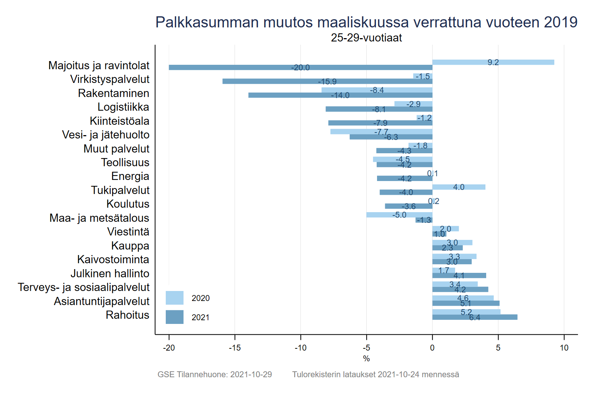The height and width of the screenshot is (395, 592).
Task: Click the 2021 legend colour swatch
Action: click(175, 317)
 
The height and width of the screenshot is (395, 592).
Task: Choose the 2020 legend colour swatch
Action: click(175, 298)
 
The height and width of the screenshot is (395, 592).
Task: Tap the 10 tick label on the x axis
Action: click(564, 348)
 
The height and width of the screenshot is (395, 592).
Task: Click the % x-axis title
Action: click(366, 358)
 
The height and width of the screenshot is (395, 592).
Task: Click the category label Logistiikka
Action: click(123, 107)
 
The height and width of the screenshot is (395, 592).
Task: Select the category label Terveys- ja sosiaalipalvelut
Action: click(84, 287)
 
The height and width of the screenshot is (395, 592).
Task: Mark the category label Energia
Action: click(130, 176)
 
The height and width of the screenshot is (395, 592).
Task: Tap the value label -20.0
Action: click(300, 67)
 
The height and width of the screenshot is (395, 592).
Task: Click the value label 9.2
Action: click(493, 62)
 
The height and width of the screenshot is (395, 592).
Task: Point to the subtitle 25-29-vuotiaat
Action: click(366, 38)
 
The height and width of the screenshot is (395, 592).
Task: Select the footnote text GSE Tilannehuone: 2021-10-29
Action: click(215, 374)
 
